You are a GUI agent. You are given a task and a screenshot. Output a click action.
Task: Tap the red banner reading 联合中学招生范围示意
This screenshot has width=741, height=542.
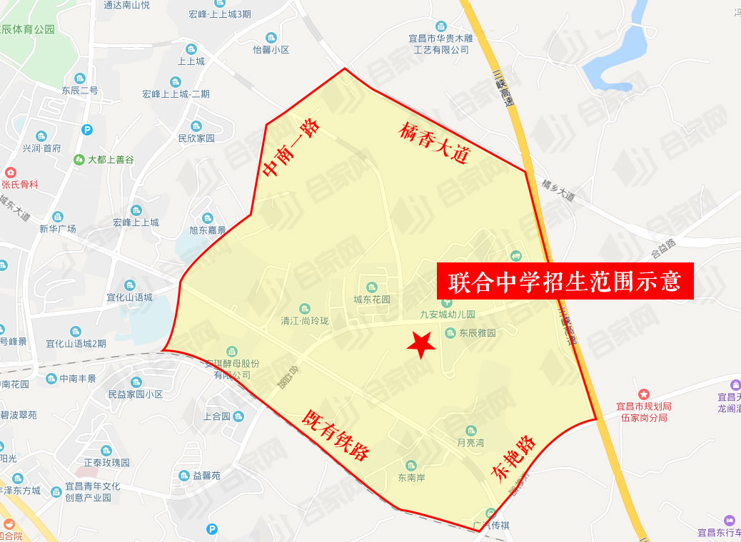(565, 281)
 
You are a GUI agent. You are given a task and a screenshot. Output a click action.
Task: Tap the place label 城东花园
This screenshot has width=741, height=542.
(372, 300)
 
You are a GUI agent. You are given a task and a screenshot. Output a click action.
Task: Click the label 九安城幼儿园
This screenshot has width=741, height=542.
(447, 314)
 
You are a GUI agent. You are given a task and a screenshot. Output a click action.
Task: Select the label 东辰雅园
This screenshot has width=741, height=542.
(477, 333)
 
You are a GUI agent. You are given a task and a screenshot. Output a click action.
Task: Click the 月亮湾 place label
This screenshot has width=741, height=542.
(470, 442)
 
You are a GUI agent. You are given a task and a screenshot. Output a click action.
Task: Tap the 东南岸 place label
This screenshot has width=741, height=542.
(411, 478)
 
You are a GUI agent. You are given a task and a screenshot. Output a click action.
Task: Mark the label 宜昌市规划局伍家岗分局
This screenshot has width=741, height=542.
(643, 411)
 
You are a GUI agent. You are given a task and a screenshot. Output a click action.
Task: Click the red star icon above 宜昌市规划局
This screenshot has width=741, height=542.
(643, 394)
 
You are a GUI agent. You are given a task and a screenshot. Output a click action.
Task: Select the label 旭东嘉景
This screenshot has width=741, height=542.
(208, 230)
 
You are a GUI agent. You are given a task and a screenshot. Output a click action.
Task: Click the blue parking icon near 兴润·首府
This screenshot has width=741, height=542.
(87, 130)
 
